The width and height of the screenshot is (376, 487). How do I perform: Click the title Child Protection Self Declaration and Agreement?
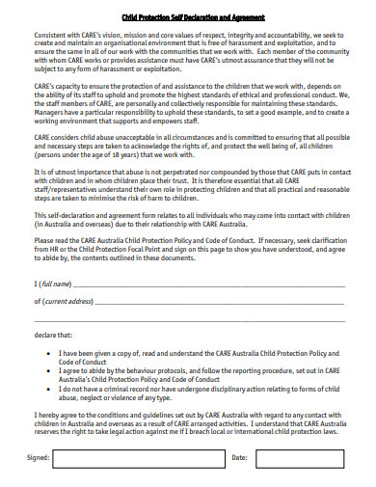point(187,17)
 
